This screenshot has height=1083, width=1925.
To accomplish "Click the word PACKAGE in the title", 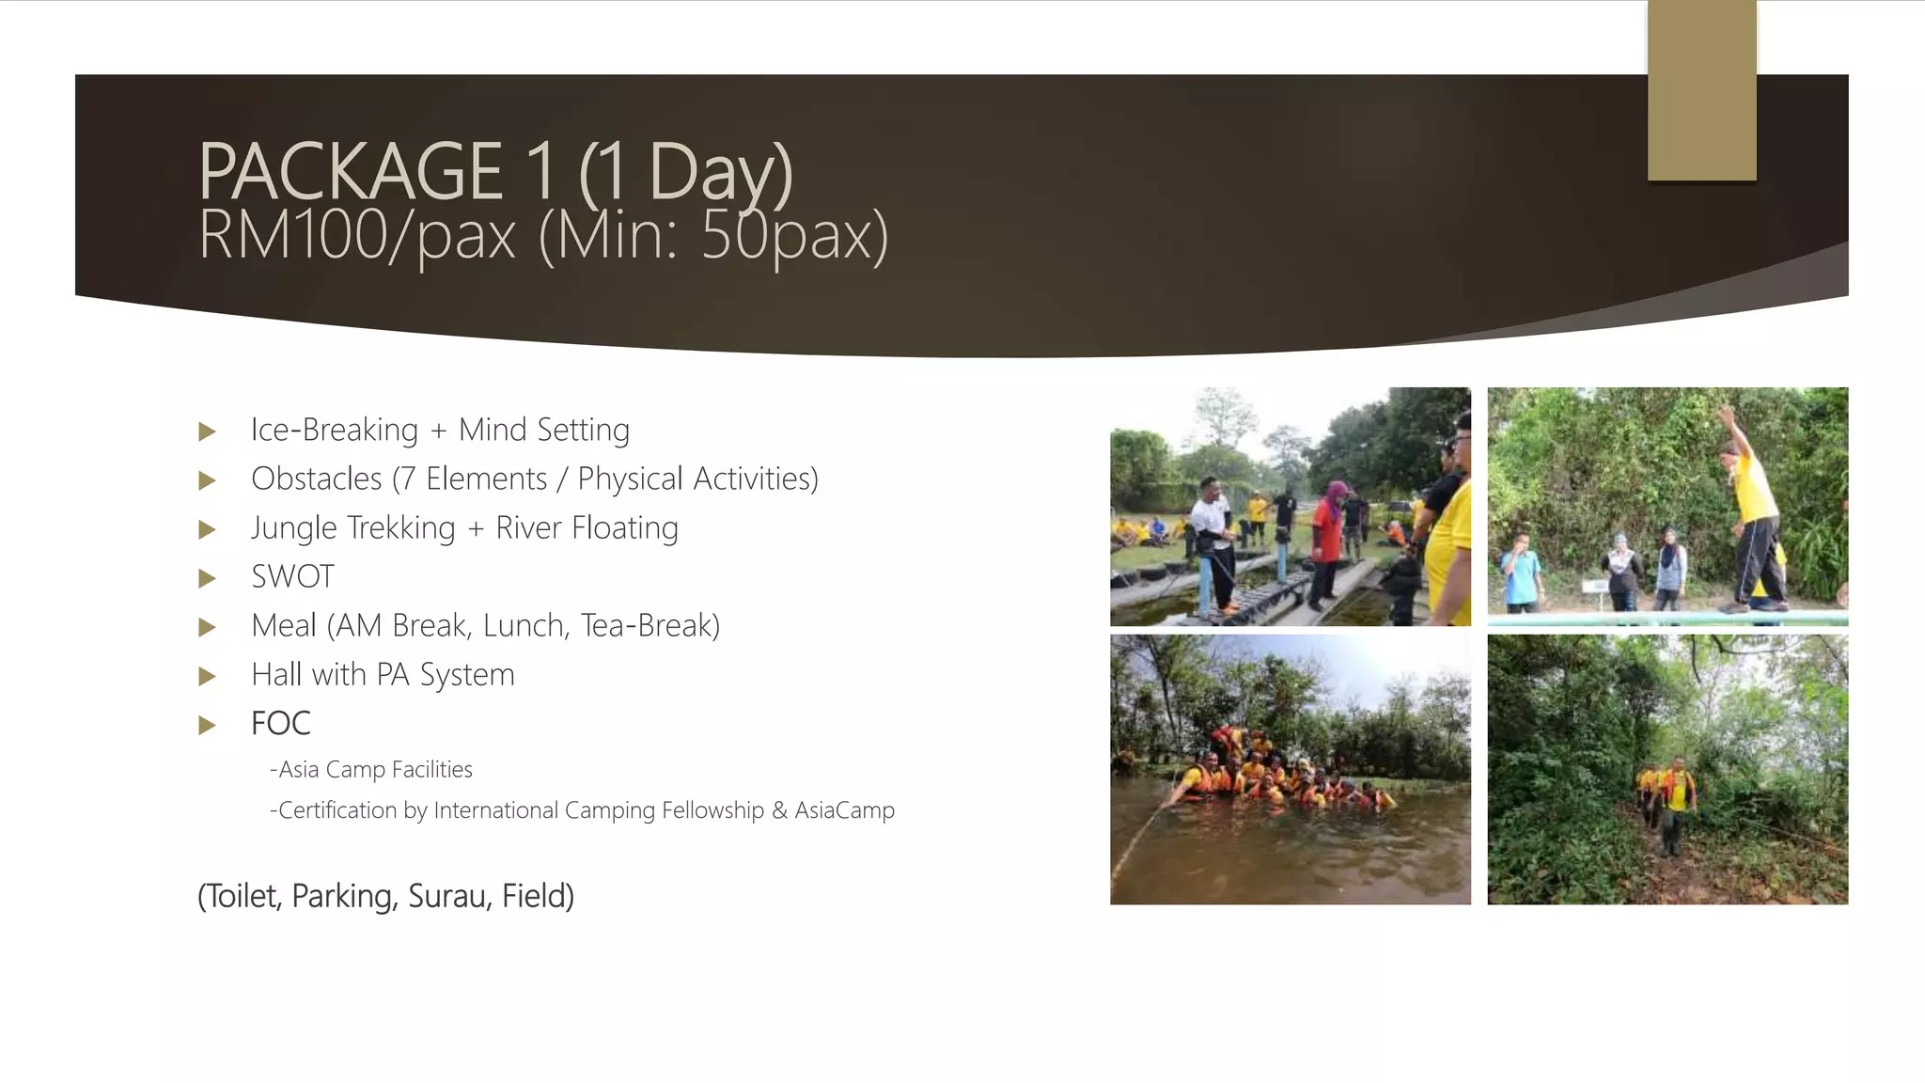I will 351,172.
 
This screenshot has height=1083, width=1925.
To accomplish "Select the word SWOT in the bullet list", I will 292,576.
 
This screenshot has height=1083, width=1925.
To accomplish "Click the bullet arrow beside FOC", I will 208,725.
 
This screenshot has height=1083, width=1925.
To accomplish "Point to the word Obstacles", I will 316,479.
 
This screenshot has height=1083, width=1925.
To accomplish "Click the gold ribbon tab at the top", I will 1701,90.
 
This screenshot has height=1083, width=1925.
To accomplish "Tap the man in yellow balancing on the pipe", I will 1754,512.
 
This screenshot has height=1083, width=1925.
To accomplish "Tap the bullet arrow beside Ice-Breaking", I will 208,432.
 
